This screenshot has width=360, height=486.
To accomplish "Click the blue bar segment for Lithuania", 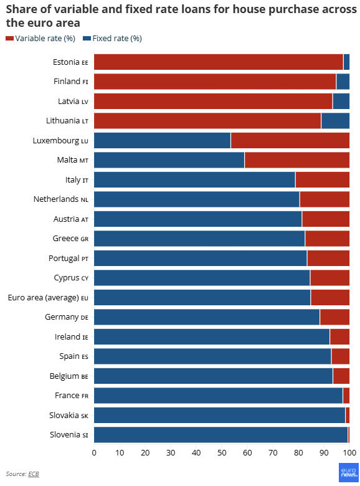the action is pyautogui.click(x=335, y=121).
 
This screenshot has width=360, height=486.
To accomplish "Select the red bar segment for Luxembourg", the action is pyautogui.click(x=290, y=140).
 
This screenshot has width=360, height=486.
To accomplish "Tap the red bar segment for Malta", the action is pyautogui.click(x=297, y=160).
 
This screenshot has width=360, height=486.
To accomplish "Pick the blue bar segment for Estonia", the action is pyautogui.click(x=346, y=62).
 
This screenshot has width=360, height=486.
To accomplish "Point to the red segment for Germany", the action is pyautogui.click(x=334, y=317).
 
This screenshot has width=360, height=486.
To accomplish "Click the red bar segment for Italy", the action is pyautogui.click(x=323, y=179).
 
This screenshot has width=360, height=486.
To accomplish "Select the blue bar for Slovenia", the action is pyautogui.click(x=221, y=434).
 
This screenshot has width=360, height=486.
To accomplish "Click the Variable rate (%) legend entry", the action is pyautogui.click(x=40, y=39).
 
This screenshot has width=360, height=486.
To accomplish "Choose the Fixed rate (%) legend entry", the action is pyautogui.click(x=113, y=39).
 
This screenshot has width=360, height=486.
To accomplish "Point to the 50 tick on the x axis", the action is pyautogui.click(x=222, y=453).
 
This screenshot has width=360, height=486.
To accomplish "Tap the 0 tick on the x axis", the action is pyautogui.click(x=94, y=453).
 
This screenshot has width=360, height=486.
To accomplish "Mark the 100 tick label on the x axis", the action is pyautogui.click(x=349, y=453).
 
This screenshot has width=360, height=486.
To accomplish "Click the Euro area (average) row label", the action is pyautogui.click(x=48, y=298).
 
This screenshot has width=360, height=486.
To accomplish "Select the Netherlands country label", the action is pyautogui.click(x=60, y=199).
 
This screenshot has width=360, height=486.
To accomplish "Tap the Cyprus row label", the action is pyautogui.click(x=71, y=278).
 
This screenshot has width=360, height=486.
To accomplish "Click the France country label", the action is pyautogui.click(x=72, y=396).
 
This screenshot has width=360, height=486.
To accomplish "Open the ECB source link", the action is pyautogui.click(x=34, y=474).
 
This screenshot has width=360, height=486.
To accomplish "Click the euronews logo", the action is pyautogui.click(x=349, y=472).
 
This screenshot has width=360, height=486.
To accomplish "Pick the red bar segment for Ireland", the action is pyautogui.click(x=339, y=336).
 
